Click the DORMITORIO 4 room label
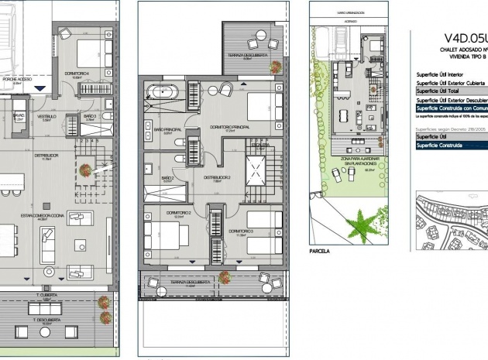pos(76,73)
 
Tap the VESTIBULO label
pos(46,116)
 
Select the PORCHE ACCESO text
pos(16,79)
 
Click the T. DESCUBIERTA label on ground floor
pos(46,319)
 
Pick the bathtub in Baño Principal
pos(163,94)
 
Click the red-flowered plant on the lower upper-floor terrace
pos(224,276)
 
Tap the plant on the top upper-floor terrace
pos(275,67)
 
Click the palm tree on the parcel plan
pos(359,226)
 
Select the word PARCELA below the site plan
pos(319,251)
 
